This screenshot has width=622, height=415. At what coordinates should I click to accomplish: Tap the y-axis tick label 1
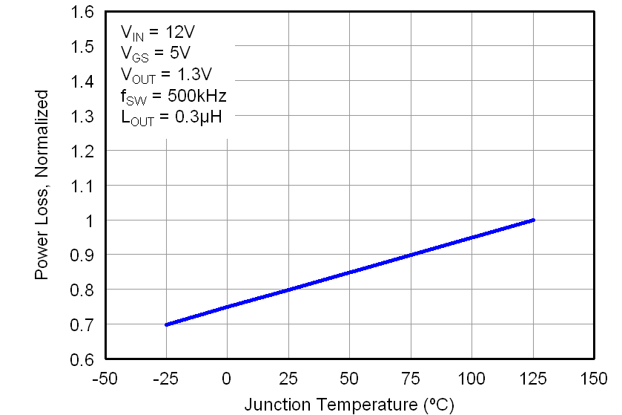tap(89, 220)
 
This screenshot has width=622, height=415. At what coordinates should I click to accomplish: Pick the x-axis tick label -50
tap(105, 379)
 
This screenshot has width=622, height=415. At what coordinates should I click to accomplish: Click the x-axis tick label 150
tap(593, 379)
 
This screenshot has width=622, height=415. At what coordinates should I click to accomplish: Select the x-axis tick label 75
tap(410, 379)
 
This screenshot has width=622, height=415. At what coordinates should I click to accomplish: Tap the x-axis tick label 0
tap(227, 379)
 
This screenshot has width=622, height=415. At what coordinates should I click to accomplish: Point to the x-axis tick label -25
tap(165, 379)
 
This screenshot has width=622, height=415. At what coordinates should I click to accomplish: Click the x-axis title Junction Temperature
tap(348, 405)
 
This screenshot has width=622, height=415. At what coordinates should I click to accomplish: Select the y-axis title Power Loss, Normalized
tap(42, 185)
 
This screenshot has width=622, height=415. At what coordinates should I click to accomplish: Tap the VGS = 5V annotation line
tap(155, 53)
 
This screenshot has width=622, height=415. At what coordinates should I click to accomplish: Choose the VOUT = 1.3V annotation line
tap(166, 74)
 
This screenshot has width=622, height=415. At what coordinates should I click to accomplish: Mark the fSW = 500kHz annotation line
tap(173, 96)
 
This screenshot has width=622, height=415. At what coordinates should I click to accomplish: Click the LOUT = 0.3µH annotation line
tap(171, 117)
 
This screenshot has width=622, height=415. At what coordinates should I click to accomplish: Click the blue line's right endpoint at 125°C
tap(533, 220)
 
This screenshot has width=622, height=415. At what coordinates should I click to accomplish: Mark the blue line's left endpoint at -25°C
tap(166, 324)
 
